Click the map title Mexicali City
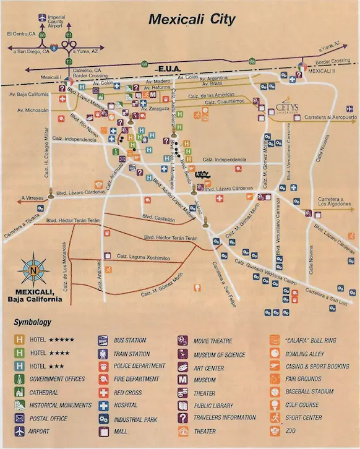(x=191, y=19)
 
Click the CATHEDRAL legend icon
(x=19, y=392)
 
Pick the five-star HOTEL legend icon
(x=19, y=340)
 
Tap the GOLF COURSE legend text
(x=302, y=405)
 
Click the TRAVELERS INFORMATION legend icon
(x=183, y=418)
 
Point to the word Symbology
(x=32, y=322)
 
